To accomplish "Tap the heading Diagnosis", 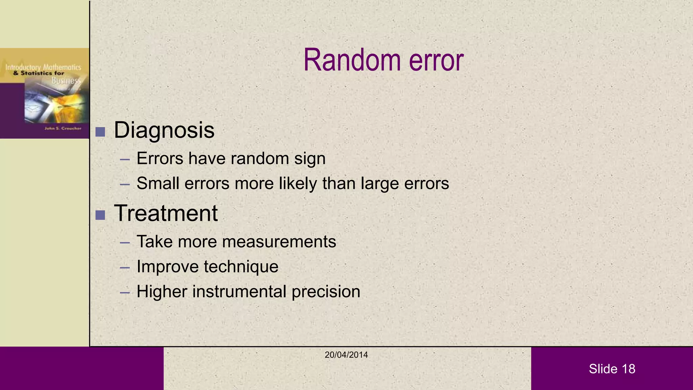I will (164, 130).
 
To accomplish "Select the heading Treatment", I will (166, 213).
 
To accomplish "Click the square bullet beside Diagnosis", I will (100, 132).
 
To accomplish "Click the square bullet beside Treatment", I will (100, 215).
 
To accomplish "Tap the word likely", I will (298, 183).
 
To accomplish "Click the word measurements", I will (279, 242).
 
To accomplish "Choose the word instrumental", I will (239, 291).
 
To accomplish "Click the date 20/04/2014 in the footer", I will (346, 355).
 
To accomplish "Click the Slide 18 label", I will (612, 369).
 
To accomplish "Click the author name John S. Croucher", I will (63, 128).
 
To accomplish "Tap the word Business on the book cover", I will (66, 81).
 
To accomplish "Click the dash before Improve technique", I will (125, 268).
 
